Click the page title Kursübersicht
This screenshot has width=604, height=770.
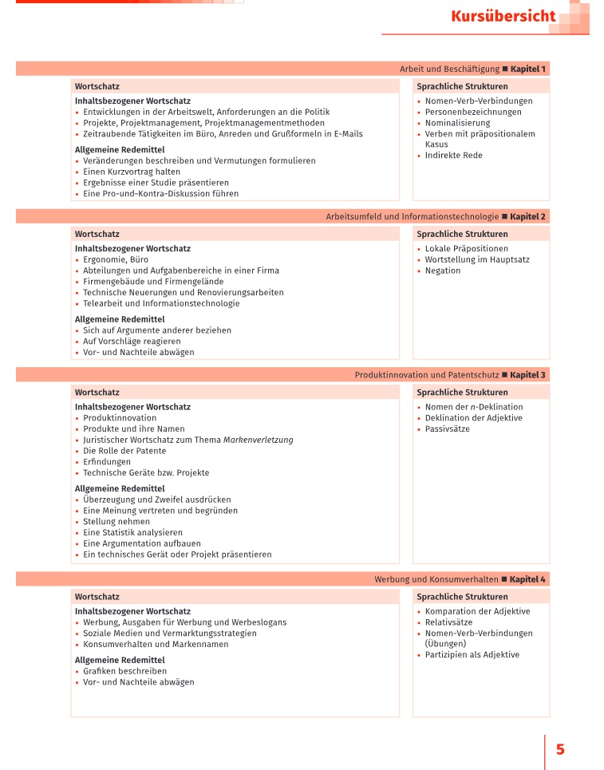503,17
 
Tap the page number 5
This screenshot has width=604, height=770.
560,749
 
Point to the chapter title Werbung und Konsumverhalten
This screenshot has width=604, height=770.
436,579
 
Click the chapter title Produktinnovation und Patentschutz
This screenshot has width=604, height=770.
426,375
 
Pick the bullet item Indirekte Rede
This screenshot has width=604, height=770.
453,156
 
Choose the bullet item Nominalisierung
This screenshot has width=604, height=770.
457,124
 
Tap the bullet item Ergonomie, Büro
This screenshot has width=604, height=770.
116,260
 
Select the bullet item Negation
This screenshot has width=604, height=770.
443,271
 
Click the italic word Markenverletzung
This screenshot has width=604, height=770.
258,440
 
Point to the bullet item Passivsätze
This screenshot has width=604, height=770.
447,429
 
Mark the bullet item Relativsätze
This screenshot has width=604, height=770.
448,622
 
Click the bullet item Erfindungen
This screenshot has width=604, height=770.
107,462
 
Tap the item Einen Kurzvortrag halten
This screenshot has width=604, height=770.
132,172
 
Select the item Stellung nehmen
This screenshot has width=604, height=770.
116,522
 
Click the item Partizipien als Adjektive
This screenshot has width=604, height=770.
472,655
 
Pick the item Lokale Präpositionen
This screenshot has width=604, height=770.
466,249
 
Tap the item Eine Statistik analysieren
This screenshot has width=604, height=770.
132,533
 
